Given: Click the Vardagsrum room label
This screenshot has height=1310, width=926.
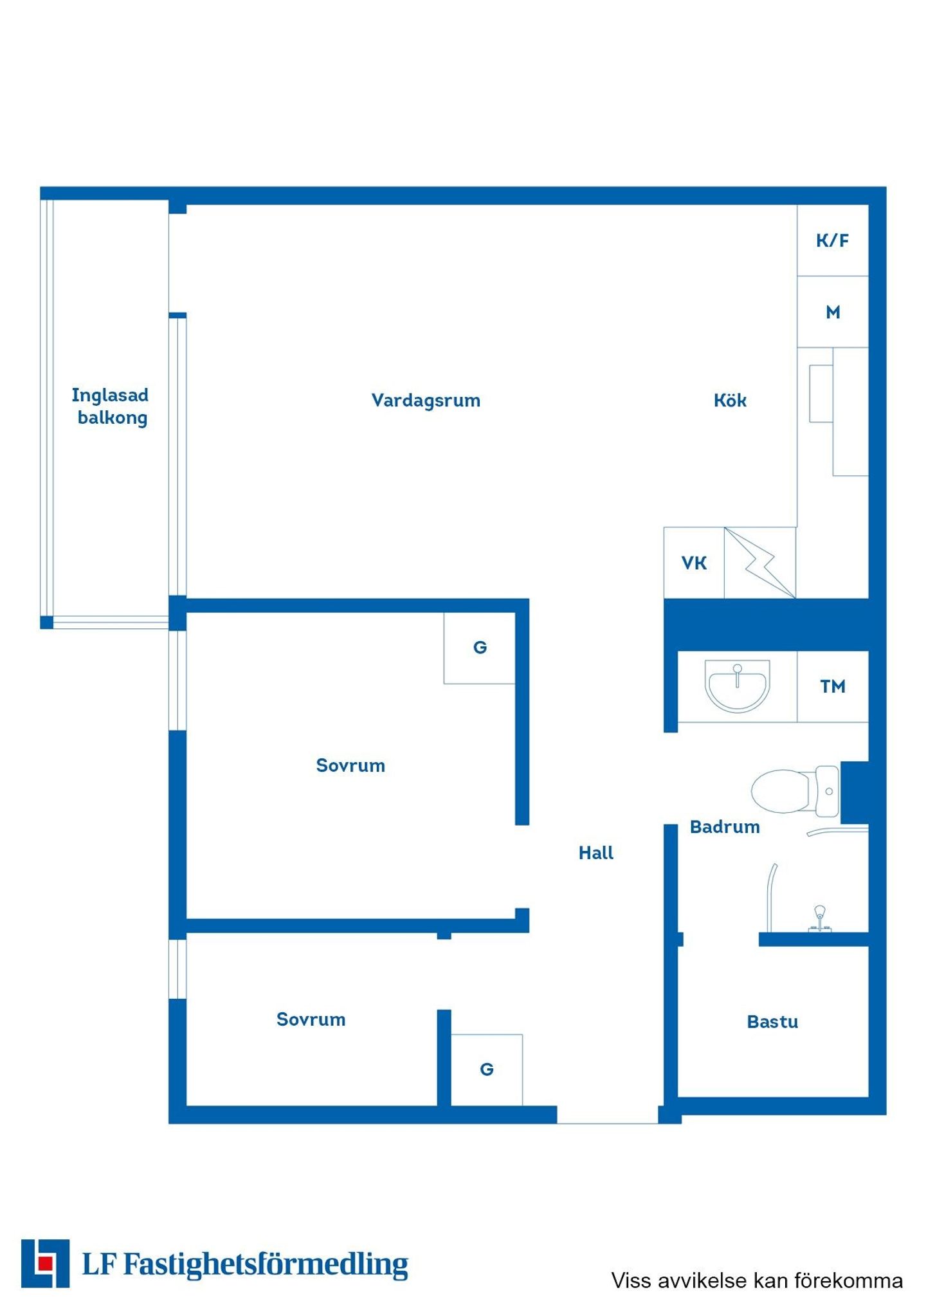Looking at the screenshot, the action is pos(426,401).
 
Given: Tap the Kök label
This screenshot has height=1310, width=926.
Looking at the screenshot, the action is pos(730,401).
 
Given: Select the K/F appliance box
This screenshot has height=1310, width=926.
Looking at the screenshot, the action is pos(833,241).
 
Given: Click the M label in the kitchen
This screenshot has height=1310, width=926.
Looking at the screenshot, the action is pos(833,313).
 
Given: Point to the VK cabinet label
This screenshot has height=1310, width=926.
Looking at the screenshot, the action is pos(694,563).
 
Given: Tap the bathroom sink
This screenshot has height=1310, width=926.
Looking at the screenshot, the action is pos(737,686).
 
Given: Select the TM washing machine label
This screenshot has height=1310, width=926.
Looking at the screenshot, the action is pos(833,687).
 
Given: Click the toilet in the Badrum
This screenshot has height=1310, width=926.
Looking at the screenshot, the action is pos(795,791).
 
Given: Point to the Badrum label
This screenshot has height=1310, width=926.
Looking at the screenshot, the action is pos(725,827).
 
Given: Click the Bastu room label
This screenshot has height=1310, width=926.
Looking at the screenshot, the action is pos(772,1022).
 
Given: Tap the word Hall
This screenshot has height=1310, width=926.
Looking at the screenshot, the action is pos(595,853).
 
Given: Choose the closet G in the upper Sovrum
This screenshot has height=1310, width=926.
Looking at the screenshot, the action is pos(480,648).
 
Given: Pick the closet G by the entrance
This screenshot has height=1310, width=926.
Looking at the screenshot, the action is pos(487,1069).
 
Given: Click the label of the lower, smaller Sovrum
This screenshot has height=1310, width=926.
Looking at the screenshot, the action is pos(311,1020).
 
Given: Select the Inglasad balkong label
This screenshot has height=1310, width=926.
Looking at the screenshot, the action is pos(110,406).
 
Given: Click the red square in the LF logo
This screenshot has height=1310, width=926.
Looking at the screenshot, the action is pos(45,1264).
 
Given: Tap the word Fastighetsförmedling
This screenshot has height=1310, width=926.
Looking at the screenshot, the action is pos(266,1265).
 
